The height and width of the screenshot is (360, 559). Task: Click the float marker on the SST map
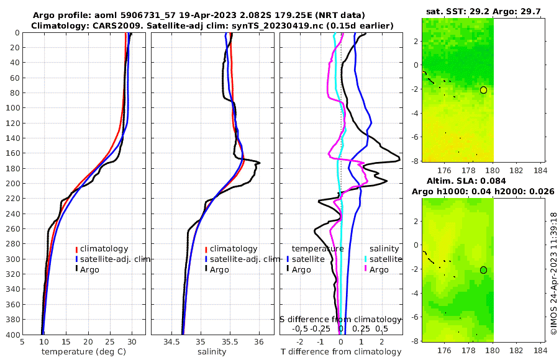(x=483, y=90)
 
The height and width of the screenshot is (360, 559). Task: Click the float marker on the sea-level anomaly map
(x=483, y=270)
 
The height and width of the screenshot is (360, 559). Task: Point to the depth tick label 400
(x=12, y=335)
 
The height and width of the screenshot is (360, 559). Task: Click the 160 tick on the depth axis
(x=12, y=153)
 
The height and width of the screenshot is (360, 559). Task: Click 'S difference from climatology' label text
(x=340, y=318)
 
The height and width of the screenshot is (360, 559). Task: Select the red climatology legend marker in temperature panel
(x=76, y=249)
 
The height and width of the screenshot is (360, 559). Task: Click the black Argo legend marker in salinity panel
(x=206, y=269)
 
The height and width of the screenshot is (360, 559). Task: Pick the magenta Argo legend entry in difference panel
(x=367, y=269)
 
